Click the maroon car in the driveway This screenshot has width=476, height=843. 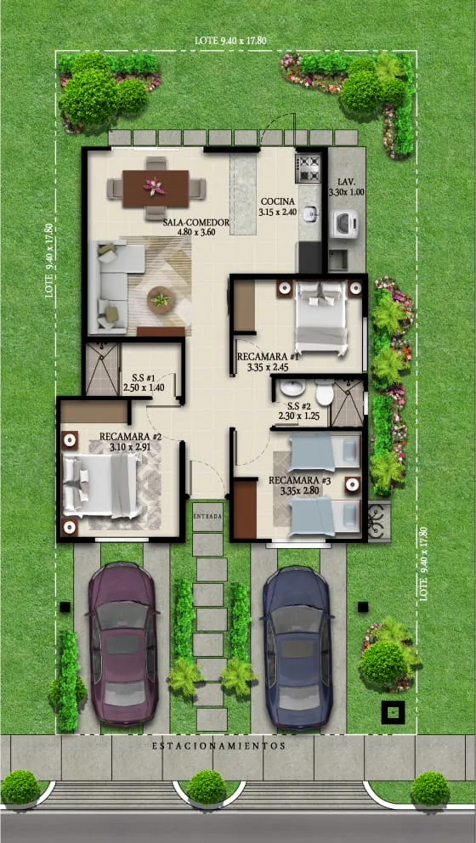(123, 642)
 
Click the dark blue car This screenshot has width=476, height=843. (297, 646)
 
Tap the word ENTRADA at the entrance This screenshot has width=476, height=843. (208, 516)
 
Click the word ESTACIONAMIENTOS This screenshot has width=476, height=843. (218, 745)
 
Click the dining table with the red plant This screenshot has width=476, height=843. (156, 188)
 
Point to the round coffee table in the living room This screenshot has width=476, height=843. (159, 298)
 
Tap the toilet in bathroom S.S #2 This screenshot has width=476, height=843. (324, 393)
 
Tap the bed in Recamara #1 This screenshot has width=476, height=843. (320, 316)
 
